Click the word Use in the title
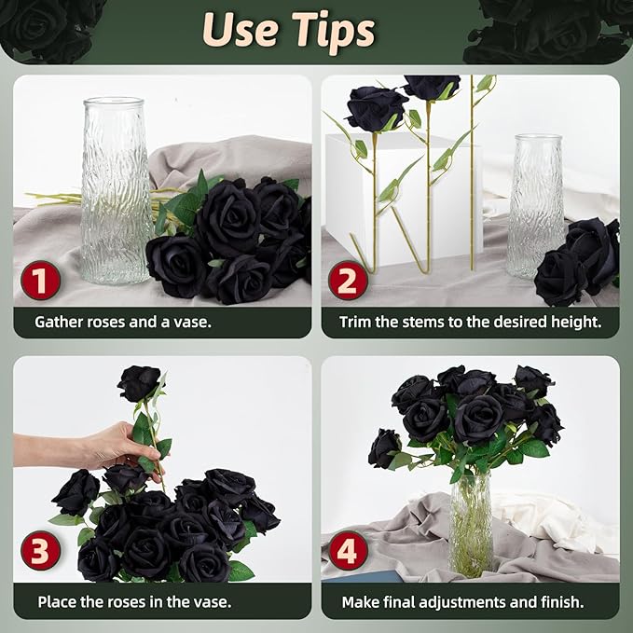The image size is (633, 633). pyautogui.click(x=241, y=29)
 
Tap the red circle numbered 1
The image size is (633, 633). pyautogui.click(x=40, y=281)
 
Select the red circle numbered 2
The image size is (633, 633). pyautogui.click(x=348, y=281)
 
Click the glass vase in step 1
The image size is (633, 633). pyautogui.click(x=116, y=190)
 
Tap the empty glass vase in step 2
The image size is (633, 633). pyautogui.click(x=536, y=206)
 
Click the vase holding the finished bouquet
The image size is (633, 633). pyautogui.click(x=471, y=525)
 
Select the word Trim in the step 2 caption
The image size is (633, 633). pyautogui.click(x=355, y=323)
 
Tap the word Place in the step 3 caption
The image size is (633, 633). pyautogui.click(x=57, y=602)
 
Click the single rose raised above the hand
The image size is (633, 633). pyautogui.click(x=139, y=383)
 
